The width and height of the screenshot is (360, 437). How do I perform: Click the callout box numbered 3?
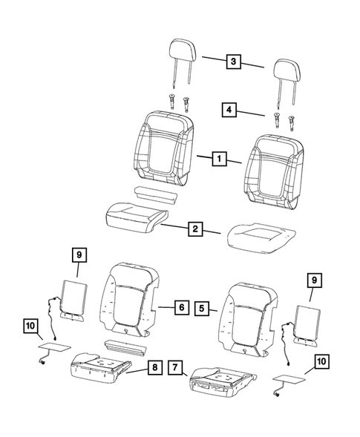pos(234,63)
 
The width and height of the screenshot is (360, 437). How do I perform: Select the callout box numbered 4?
pos(231,111)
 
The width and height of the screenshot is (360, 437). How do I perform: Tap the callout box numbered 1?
pos(219,159)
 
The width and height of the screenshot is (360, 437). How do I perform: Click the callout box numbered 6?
pos(180,305)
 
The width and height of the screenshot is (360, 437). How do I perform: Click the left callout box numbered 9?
pos(78,255)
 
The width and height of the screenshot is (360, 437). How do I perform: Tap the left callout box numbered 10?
pos(30,325)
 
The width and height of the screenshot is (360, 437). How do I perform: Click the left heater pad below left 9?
pos(73,297)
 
